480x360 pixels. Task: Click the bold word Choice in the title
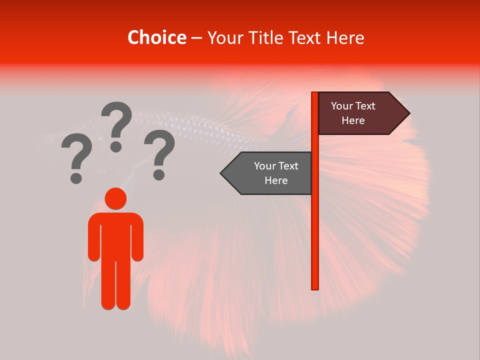156,37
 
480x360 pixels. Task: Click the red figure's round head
115,198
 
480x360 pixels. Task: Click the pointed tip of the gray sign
221,173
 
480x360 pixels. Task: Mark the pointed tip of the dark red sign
409,113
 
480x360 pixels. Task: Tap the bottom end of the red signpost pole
315,287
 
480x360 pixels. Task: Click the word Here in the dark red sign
353,120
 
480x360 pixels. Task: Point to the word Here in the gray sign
276,180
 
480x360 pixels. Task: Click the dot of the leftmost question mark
76,177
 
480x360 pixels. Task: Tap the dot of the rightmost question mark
159,174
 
